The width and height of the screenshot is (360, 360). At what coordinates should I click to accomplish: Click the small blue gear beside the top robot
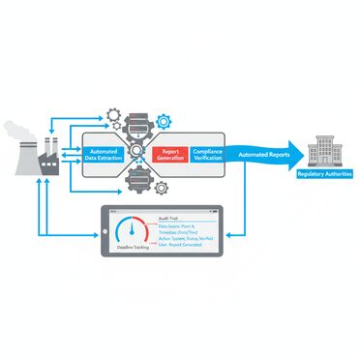click(163, 122)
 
